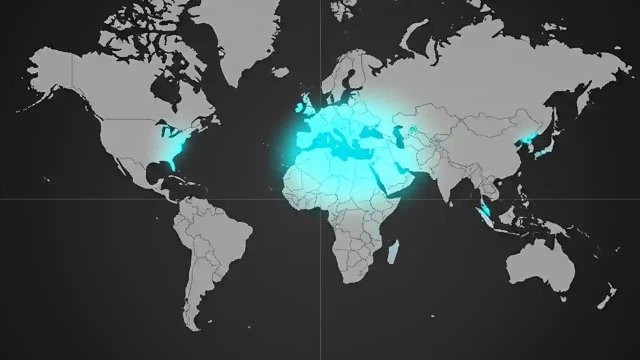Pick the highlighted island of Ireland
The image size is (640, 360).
(300, 107)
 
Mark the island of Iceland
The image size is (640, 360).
(280, 72)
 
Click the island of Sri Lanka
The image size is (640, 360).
(451, 203)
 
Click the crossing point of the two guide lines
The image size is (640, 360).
(320, 199)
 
